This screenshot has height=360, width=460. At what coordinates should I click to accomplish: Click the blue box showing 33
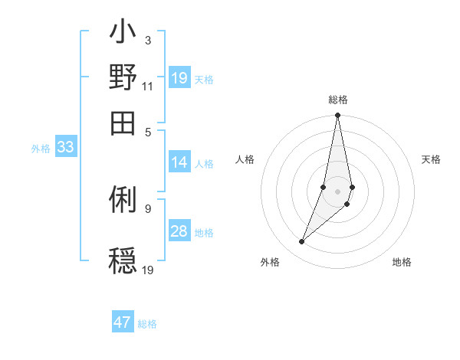65,148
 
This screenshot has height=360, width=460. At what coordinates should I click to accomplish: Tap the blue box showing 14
179,162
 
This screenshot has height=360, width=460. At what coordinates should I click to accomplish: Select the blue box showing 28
179,232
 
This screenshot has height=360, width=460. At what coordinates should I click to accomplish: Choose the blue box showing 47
123,322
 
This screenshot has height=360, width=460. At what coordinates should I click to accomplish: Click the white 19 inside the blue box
179,78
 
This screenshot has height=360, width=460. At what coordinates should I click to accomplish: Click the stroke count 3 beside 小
147,40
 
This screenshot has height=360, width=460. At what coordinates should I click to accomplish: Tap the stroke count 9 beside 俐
147,207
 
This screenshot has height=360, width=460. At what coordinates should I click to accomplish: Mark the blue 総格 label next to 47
147,324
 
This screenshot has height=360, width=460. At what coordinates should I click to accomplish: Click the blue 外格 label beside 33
41,149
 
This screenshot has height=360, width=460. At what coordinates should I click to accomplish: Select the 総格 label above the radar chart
337,100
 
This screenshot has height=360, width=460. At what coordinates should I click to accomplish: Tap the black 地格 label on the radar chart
402,262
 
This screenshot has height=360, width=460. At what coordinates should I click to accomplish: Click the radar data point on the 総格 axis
337,116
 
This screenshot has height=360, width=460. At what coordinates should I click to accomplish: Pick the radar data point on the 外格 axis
302,242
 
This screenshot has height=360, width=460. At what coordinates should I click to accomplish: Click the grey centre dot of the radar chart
337,191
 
